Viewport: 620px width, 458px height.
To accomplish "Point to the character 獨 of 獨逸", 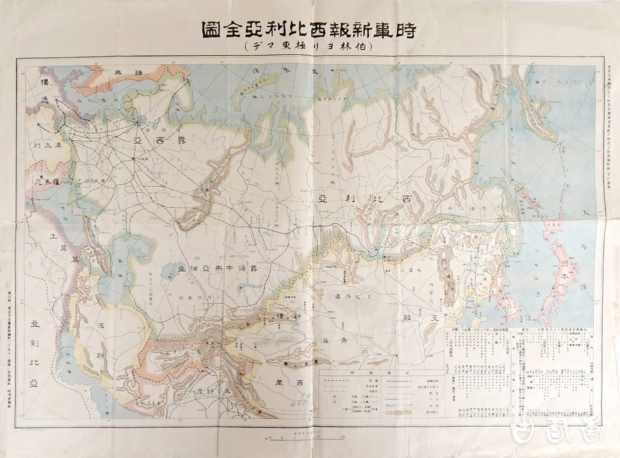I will coord(45,82).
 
